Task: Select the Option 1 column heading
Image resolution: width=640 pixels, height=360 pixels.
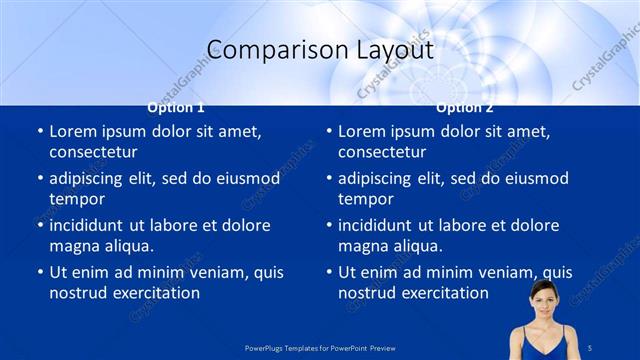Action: [176, 107]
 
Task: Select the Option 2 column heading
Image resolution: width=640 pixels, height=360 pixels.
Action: [465, 107]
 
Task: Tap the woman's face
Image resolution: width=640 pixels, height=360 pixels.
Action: [543, 300]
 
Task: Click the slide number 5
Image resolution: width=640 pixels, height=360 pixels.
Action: [591, 346]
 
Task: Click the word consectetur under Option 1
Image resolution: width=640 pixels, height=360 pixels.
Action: [93, 152]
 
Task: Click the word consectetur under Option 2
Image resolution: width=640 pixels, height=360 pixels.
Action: [382, 152]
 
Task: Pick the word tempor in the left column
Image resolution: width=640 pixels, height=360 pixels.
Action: [77, 199]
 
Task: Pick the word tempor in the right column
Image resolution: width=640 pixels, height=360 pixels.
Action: [366, 199]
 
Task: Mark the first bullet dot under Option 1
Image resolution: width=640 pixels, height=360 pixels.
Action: [40, 132]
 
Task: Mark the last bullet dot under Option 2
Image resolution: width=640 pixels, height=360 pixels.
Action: [329, 273]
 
